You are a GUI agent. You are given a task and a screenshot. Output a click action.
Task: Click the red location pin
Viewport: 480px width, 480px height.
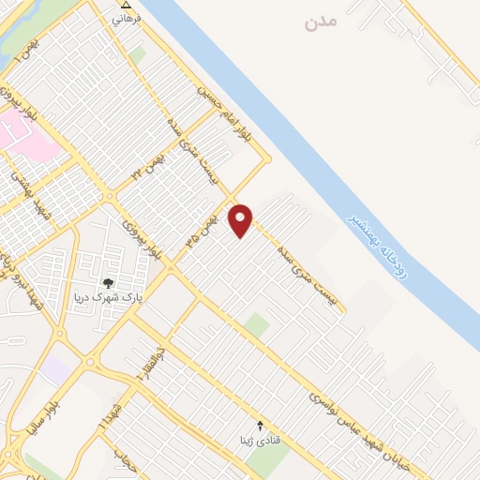(x=241, y=220)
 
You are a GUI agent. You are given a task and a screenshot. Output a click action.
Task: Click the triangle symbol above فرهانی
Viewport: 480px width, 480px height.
(x=115, y=5)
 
